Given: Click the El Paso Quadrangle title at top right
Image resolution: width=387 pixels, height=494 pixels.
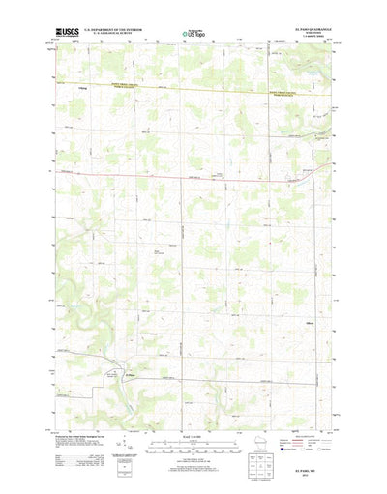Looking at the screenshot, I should (308, 30).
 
